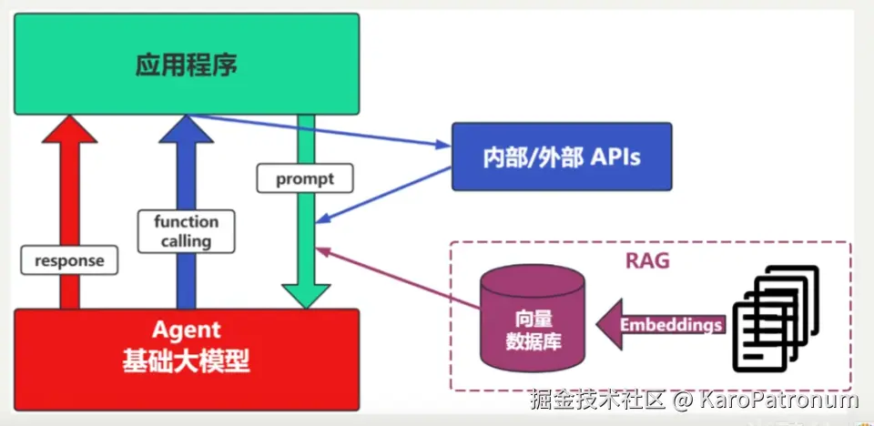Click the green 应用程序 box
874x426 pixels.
(x=186, y=64)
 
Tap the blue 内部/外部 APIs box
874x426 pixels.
(x=561, y=157)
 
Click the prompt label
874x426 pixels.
(x=305, y=178)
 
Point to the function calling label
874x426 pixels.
(x=186, y=231)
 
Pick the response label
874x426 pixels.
(x=69, y=260)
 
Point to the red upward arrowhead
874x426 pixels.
(x=69, y=131)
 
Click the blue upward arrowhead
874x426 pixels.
(x=186, y=131)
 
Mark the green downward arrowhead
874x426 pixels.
(x=305, y=293)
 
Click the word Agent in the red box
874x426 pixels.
(x=186, y=330)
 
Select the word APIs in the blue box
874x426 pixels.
(x=615, y=157)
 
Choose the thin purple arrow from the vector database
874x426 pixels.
(x=401, y=278)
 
